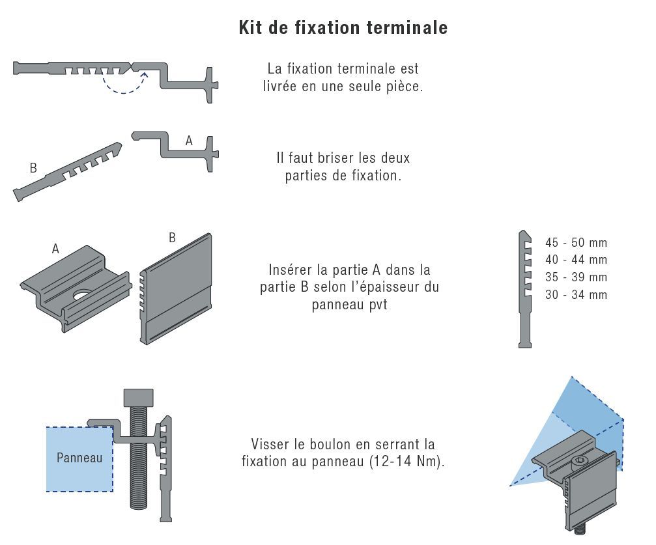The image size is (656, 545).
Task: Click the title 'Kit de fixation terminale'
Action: pos(343,27)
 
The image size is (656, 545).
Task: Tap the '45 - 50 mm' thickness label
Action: pos(576,242)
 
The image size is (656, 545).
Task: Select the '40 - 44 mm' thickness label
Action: pos(576,259)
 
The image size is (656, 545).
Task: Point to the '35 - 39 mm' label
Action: pos(576,277)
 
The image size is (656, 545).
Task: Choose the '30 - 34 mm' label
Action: pos(576,294)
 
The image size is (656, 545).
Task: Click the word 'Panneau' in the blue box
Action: pos(79,458)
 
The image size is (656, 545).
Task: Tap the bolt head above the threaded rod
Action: pos(139,397)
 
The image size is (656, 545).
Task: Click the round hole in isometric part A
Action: pos(81,296)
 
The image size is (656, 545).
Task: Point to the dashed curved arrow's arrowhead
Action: pos(145,75)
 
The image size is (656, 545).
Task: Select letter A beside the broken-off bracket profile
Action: pos(189,141)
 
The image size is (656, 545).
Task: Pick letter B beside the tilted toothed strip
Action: pos(33,168)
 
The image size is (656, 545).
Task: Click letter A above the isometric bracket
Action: pos(55,249)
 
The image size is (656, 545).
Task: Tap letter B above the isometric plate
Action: pos(172,238)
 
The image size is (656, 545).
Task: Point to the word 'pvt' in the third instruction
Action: pos(378,305)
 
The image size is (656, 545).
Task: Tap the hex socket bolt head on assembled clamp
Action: pos(579,461)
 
